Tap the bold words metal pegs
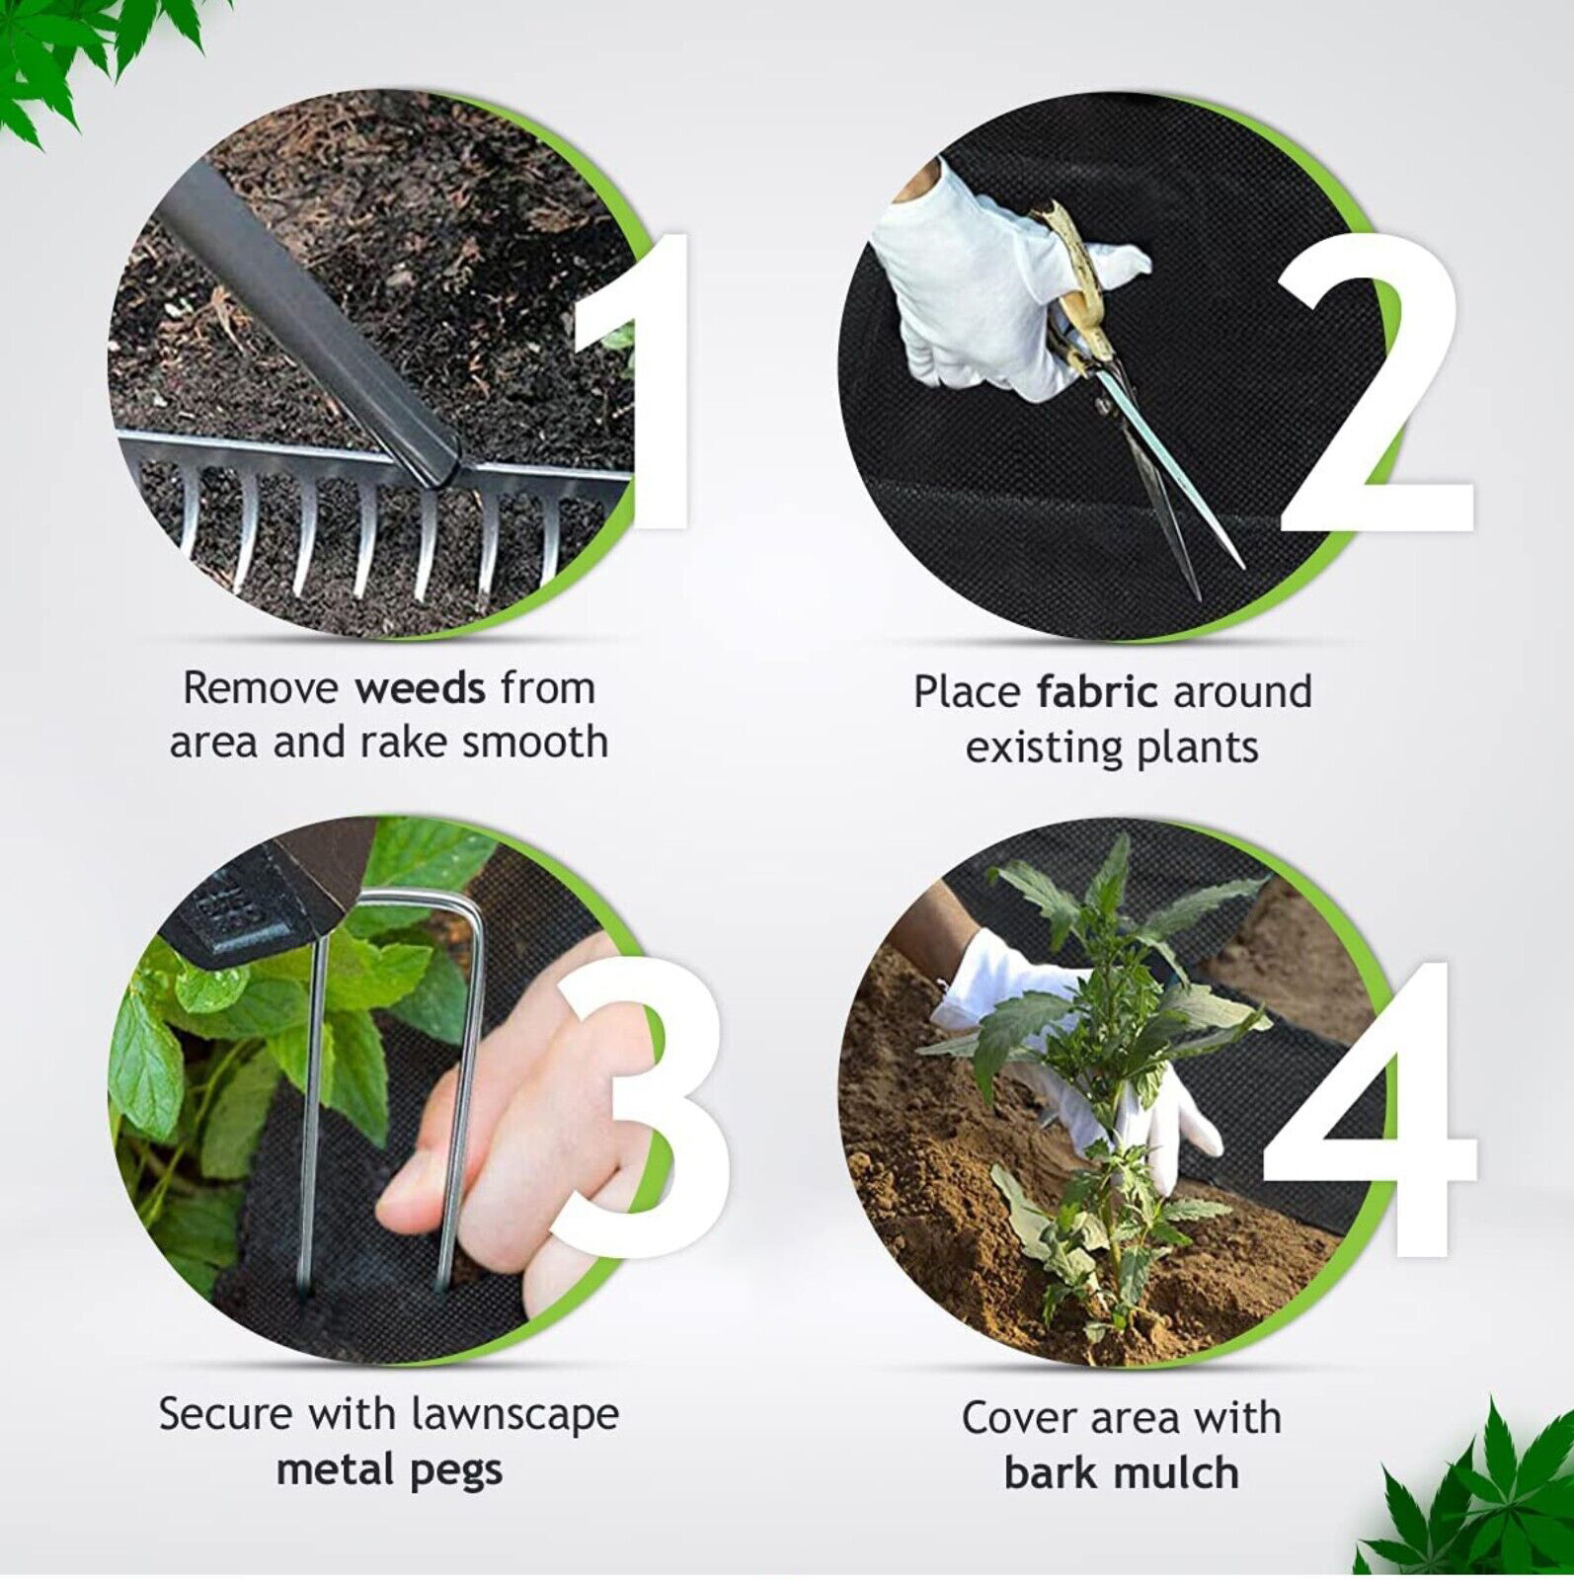[x=389, y=1469]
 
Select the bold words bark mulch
[x=1121, y=1473]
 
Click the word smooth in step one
[x=534, y=742]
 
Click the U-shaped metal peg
[x=380, y=1086]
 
